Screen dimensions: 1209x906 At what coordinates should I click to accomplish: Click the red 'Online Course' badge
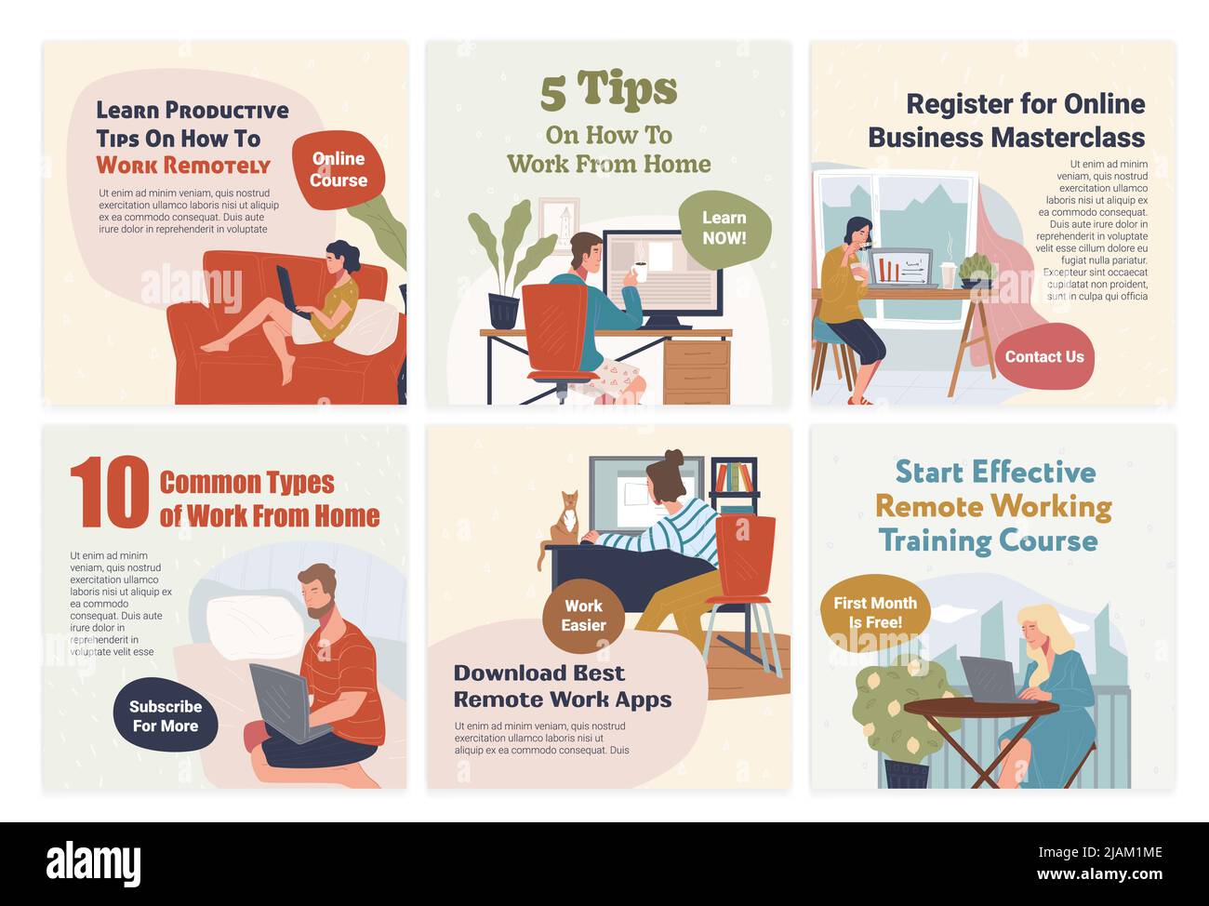[339, 169]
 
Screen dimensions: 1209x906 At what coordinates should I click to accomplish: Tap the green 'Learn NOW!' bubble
[724, 229]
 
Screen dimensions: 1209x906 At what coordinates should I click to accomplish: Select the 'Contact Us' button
[1044, 357]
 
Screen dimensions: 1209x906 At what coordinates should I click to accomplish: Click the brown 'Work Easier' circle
[583, 616]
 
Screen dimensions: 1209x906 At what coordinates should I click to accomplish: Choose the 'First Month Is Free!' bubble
[875, 612]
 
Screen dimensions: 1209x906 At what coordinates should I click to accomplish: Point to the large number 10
[110, 492]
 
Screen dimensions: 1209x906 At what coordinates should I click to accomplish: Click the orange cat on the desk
[564, 521]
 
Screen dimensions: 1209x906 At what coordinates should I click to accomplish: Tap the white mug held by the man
[640, 272]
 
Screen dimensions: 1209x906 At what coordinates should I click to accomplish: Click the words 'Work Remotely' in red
[183, 166]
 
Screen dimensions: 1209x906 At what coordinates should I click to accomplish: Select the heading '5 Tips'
[608, 90]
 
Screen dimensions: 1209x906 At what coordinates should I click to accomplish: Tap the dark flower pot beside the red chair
[503, 311]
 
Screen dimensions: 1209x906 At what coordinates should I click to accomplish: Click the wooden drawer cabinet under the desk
[697, 371]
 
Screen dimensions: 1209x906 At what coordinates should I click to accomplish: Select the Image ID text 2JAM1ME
[1130, 852]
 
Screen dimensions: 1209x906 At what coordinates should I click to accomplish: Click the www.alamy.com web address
[1099, 874]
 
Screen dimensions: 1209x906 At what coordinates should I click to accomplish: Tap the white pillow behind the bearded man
[255, 627]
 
